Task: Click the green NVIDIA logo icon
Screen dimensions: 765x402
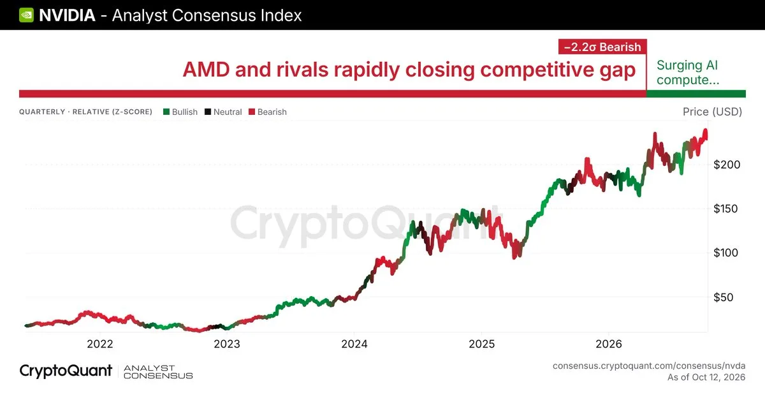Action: coord(26,15)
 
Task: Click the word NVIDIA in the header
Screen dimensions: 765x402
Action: coord(68,15)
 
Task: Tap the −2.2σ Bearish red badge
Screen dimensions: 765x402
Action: coord(602,47)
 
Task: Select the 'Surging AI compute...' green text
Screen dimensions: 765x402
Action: coord(688,73)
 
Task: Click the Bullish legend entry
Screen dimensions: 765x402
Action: coord(180,112)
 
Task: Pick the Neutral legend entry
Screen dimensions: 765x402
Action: coord(223,112)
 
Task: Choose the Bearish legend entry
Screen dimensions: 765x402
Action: coord(268,112)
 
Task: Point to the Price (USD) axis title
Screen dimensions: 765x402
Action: coord(713,112)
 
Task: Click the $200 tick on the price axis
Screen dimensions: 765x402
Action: coord(727,165)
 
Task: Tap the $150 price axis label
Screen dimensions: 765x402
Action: coord(725,209)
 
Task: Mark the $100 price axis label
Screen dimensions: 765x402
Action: coord(725,253)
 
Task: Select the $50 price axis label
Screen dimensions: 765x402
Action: coord(724,297)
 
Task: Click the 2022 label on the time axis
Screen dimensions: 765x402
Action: coord(100,344)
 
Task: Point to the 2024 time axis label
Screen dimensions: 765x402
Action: coord(354,344)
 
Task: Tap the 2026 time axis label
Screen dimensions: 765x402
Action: coord(609,344)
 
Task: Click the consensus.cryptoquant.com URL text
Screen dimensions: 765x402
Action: coord(649,366)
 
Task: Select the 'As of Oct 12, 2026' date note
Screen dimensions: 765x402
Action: coord(706,377)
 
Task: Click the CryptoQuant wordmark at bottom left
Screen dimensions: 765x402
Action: coord(66,371)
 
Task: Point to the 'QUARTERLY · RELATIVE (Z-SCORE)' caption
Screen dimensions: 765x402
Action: coord(85,112)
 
